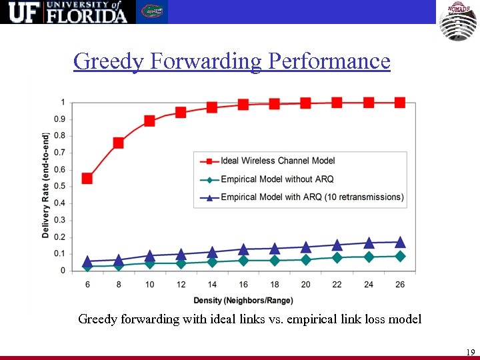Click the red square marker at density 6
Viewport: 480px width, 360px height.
(87, 178)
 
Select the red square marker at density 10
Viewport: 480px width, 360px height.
(149, 121)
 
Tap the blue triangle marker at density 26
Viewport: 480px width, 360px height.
(400, 242)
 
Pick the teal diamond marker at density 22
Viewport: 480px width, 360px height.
(337, 257)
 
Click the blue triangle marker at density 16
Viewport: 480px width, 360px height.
(243, 249)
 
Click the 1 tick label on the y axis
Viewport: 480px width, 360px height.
(63, 103)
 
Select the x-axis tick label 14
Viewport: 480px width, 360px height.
(212, 285)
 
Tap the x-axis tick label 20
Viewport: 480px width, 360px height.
(306, 285)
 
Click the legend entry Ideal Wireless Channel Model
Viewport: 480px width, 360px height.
(277, 161)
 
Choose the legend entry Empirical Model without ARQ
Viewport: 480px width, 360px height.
(277, 179)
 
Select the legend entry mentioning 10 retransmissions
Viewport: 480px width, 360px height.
(311, 197)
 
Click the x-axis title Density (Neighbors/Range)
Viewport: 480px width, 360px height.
(243, 301)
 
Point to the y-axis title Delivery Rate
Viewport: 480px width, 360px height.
(45, 185)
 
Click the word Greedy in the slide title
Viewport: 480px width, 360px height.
(109, 61)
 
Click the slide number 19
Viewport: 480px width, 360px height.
(470, 352)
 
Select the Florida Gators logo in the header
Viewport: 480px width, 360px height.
(152, 11)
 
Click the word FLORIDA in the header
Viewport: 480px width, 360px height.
(87, 15)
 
